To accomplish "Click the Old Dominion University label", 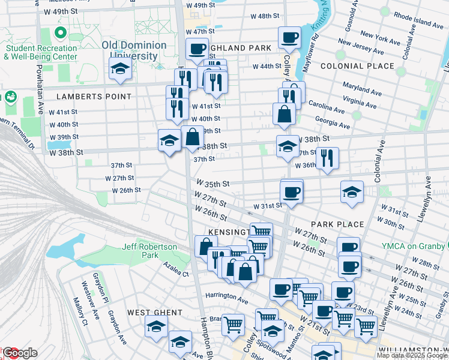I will tap(134, 50).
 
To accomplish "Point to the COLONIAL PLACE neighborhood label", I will tap(357, 66).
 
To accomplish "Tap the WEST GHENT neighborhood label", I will tap(154, 313).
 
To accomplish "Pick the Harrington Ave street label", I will tap(226, 298).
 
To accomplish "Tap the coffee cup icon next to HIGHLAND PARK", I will tap(197, 49).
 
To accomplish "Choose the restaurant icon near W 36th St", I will tap(328, 158).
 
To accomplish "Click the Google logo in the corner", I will tap(19, 353).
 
